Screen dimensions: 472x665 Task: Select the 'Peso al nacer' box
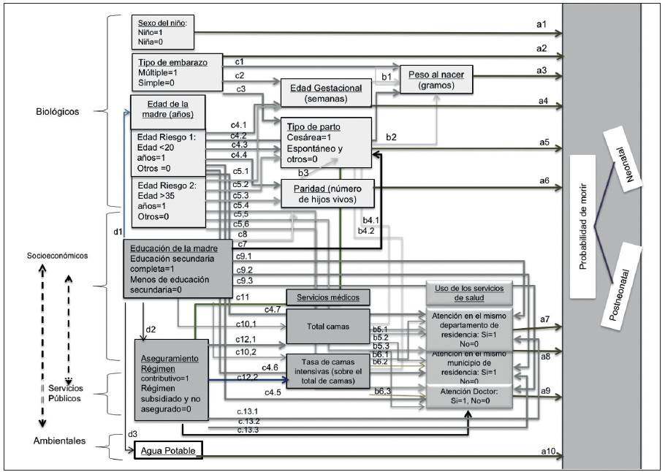point(437,79)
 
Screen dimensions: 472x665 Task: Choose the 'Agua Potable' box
point(167,451)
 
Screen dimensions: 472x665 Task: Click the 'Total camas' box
point(327,325)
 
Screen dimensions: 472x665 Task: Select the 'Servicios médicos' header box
point(328,297)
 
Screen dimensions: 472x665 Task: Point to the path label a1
point(541,24)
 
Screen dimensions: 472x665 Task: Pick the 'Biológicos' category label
point(56,112)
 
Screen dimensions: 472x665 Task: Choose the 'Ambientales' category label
point(59,441)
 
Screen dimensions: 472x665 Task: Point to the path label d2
point(151,329)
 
